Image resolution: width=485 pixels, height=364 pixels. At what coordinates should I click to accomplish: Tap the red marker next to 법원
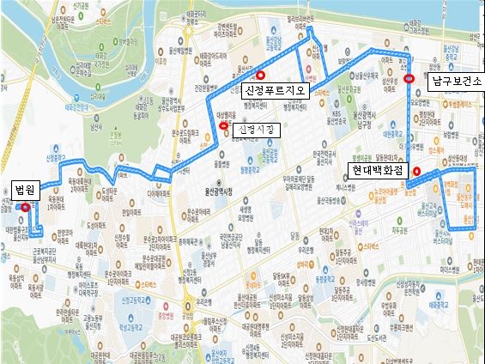tap(26, 207)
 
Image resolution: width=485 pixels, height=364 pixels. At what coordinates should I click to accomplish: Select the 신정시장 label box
tap(256, 130)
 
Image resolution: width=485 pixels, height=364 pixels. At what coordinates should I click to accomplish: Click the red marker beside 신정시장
tap(224, 127)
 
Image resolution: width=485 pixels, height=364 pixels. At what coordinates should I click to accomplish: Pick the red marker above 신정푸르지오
tap(249, 76)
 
